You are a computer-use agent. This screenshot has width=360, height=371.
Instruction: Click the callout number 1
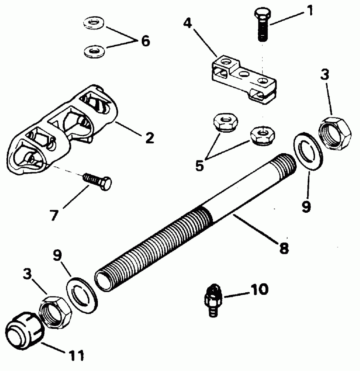coord(310,10)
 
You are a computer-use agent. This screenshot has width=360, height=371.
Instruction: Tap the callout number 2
coord(149,137)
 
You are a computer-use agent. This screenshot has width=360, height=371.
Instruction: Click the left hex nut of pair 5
coord(222,122)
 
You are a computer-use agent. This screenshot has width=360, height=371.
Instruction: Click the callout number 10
coord(260,289)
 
